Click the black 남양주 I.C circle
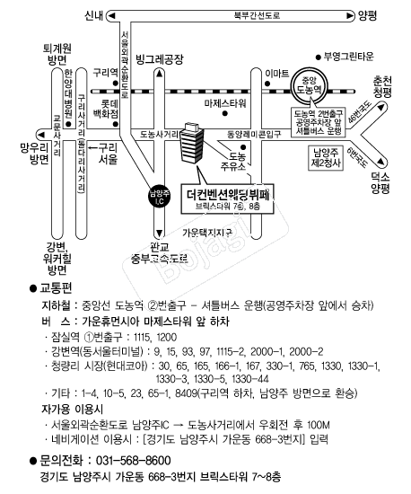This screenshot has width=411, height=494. (160, 197)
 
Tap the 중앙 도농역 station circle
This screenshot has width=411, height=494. (310, 85)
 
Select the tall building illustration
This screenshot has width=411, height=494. (192, 143)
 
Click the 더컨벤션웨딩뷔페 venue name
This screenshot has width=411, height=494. (228, 195)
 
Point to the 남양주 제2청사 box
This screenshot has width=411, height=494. (326, 158)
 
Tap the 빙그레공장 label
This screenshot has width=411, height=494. (159, 59)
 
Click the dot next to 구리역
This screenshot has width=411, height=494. (116, 84)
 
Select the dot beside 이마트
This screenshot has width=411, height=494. (267, 84)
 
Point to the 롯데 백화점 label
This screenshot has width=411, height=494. (105, 109)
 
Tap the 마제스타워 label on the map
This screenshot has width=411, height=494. (225, 103)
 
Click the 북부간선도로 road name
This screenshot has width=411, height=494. (257, 15)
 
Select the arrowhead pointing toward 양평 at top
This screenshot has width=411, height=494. (350, 16)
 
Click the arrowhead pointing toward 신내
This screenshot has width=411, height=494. (111, 15)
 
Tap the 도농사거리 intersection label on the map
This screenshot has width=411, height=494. (159, 135)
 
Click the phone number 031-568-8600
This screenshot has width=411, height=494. (134, 460)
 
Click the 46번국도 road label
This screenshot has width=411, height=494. (360, 112)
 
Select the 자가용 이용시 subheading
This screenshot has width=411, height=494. (73, 410)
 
